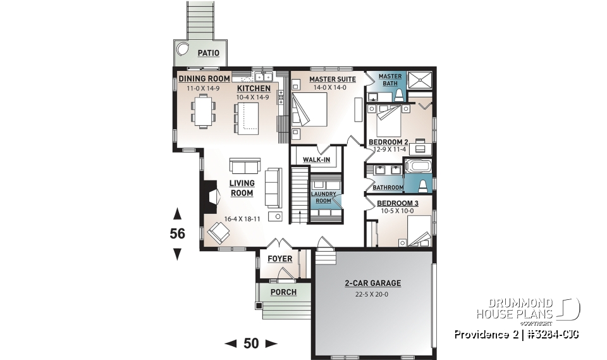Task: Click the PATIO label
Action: (209, 54)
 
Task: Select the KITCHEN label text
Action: (254, 89)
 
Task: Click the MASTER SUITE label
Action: (332, 79)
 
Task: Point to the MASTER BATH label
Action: (390, 80)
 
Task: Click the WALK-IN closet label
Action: (316, 160)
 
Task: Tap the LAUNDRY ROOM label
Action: (323, 197)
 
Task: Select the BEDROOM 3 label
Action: (395, 203)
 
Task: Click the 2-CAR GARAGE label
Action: (373, 283)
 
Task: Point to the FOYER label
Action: (279, 259)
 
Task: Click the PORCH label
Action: (283, 292)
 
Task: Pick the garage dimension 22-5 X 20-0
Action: (373, 294)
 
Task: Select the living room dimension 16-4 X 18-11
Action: (242, 219)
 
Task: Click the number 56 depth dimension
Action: (177, 233)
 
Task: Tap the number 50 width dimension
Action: (251, 344)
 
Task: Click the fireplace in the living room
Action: (208, 197)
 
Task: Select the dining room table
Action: (203, 111)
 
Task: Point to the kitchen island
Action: (248, 118)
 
